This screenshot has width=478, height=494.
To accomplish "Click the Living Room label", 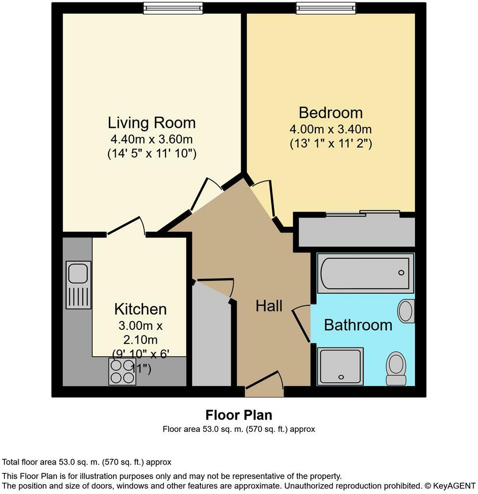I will [151, 123].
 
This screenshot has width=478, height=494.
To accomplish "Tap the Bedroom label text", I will [331, 113].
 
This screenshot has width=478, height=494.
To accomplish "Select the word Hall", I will [269, 306].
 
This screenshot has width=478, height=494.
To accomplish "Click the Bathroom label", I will [358, 325].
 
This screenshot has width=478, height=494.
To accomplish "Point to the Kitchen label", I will [140, 309].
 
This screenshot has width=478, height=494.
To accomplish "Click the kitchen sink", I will [78, 285].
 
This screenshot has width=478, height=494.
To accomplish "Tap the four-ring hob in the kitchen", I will [122, 372].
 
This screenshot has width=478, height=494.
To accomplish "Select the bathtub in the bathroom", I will [365, 273].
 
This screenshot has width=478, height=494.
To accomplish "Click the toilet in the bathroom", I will [396, 369].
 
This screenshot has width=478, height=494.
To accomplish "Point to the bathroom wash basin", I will [406, 311].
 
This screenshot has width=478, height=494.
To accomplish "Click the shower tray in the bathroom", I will [340, 366].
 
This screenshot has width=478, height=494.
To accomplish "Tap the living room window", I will [172, 7].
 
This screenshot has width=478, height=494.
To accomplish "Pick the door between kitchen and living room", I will [125, 226].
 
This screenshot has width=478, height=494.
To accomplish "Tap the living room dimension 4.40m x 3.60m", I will [151, 139].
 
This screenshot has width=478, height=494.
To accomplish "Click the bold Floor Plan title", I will [239, 415].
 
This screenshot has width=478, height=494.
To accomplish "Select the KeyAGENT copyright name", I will [452, 486].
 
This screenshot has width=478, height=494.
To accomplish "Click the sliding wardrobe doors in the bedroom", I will [363, 213].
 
